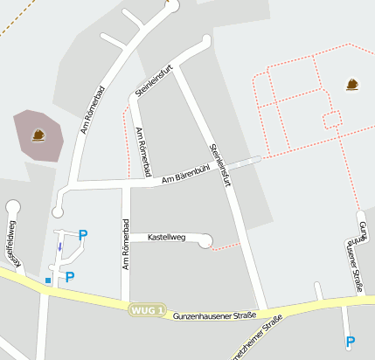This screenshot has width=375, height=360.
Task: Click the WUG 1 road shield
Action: pos(147,310)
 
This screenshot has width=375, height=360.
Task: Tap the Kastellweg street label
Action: pos(166,237)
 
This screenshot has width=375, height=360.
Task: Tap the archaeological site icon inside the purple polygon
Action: pos(38,135)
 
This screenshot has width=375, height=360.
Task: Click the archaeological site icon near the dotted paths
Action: pos(351,85)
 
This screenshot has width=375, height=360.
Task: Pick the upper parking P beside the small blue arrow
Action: pos(83,234)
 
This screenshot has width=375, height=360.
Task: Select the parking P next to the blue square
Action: pos(70,277)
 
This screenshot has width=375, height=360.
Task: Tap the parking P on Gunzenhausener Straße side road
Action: pos(351,342)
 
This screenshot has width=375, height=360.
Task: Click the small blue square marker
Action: pos(48,280)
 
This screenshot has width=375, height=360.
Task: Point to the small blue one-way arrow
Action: pos(59,246)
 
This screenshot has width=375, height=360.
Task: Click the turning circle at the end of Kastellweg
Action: pos(205,240)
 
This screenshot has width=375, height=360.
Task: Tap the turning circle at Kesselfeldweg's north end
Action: pos(12,207)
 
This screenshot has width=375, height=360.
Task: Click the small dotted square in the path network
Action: pos(331,118)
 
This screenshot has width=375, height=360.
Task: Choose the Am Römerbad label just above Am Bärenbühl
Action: pos(144,151)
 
